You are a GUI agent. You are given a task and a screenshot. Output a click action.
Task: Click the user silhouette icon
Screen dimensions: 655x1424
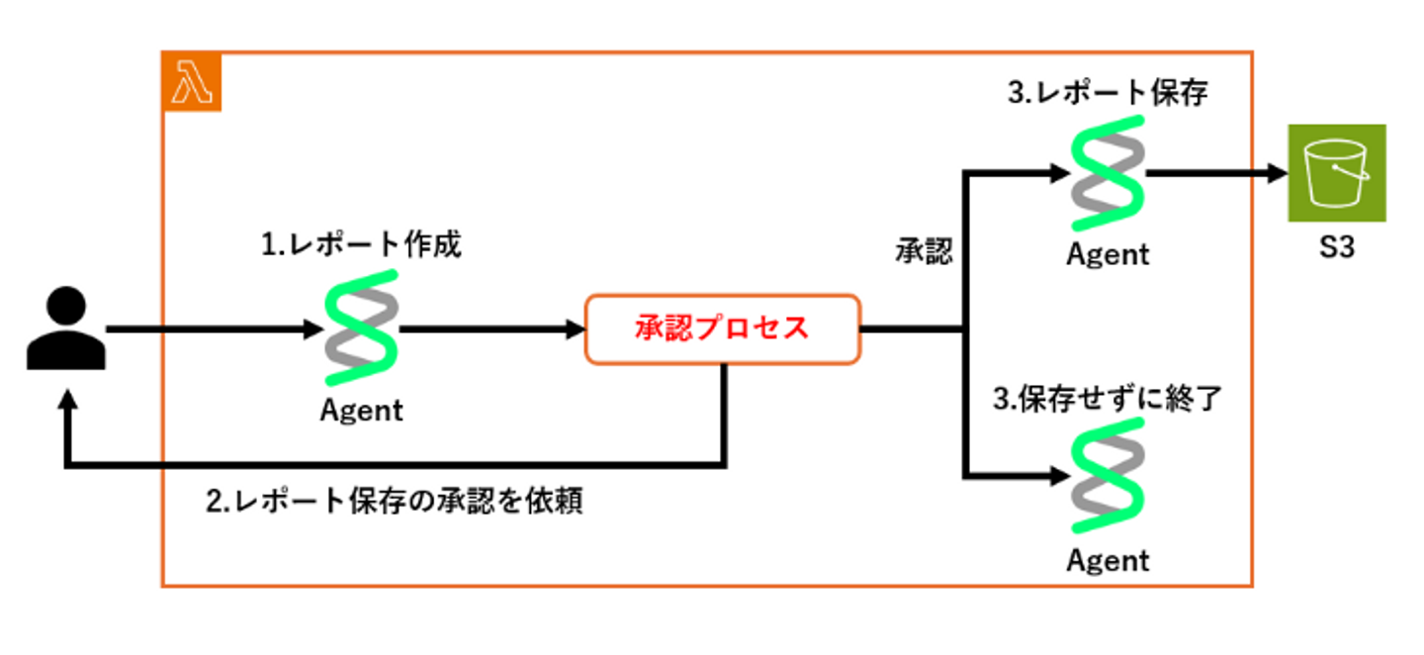pos(66,328)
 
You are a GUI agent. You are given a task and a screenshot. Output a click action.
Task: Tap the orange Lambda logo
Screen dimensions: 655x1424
pos(192,81)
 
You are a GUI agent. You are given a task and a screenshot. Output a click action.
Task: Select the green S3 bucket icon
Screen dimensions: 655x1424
pos(1336,173)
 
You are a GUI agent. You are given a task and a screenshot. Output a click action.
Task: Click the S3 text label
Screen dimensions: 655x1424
pos(1335,247)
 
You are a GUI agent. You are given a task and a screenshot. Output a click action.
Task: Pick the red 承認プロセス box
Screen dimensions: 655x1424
pos(722,328)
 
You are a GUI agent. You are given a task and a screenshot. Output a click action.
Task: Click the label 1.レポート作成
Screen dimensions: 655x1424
pos(361,245)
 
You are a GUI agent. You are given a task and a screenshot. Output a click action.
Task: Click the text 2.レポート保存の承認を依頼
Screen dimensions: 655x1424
pos(394,501)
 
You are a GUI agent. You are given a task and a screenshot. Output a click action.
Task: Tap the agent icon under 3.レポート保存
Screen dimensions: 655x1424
pos(1108,174)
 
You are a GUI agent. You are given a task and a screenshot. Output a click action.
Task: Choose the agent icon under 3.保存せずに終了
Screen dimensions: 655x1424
pos(1108,478)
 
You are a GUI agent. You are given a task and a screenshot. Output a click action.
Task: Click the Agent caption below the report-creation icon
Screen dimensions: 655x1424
pos(362,410)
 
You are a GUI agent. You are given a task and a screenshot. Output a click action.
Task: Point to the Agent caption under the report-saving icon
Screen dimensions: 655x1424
pos(1108,254)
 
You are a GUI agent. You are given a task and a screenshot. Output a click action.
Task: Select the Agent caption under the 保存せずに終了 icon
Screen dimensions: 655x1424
pos(1108,561)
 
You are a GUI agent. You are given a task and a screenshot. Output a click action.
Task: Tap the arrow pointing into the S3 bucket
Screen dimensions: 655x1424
pos(1216,174)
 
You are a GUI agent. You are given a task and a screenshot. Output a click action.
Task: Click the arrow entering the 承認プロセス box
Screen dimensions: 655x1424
pos(494,329)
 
